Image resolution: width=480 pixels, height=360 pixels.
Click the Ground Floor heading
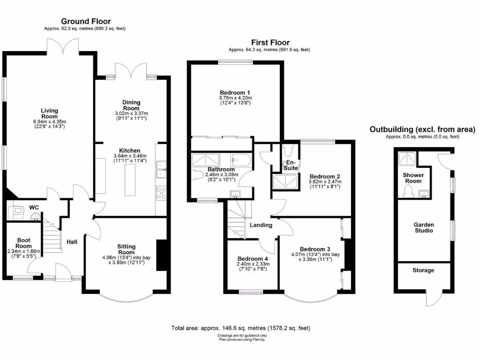coord(86,21)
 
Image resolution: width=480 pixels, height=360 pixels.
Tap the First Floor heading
coord(270,42)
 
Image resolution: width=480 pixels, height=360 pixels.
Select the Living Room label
coord(49,113)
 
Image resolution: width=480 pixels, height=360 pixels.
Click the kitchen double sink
coord(161,170)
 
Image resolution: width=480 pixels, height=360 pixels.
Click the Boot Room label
coord(23,242)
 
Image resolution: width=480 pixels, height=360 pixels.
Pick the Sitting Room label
coord(126,249)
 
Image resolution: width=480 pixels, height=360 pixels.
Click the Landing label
coord(261,225)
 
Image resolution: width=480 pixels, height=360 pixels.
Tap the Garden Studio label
coord(423,227)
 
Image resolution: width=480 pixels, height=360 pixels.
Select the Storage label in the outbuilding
coord(423,270)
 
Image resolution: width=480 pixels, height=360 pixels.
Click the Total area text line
coord(241,328)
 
